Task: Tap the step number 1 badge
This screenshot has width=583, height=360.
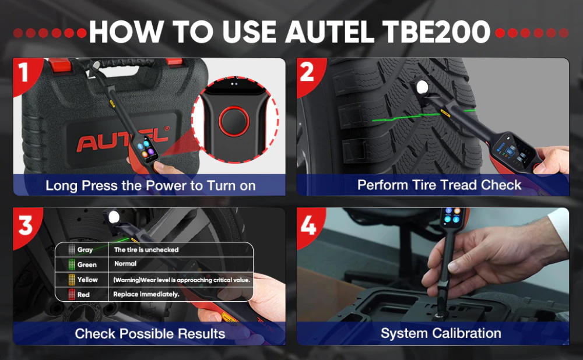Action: tap(23, 72)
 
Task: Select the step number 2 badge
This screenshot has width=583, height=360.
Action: tap(307, 72)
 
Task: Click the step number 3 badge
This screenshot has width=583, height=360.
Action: tap(25, 225)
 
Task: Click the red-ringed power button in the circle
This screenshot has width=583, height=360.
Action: tap(234, 121)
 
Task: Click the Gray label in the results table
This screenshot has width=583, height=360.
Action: tap(85, 250)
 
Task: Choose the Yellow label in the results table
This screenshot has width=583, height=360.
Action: tap(87, 280)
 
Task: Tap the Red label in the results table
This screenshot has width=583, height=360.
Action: tap(83, 295)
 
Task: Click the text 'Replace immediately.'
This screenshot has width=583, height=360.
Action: tap(146, 294)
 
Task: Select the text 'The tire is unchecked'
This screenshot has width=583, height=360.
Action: tap(146, 250)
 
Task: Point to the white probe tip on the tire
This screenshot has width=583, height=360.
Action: tap(422, 87)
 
